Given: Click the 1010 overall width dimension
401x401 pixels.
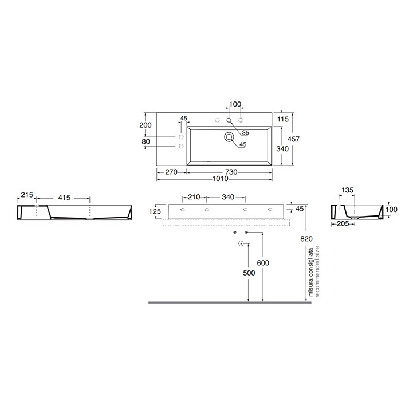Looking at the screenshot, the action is coord(220,179).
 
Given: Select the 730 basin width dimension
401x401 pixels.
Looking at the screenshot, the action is coord(231,172).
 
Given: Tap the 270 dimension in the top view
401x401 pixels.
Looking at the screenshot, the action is coord(171,172).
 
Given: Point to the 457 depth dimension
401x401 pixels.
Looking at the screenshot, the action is coord(293,139).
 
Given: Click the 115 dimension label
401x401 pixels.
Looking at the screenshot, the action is coord(283,119).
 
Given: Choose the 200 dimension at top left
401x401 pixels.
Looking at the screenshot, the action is coord(146,125).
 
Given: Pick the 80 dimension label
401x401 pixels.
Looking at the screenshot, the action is coord(146,141).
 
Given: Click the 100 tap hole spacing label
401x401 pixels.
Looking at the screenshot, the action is coord(235,104).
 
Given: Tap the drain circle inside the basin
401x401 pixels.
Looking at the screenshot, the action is coord(229,137).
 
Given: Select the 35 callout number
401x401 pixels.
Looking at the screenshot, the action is coord(246,133).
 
